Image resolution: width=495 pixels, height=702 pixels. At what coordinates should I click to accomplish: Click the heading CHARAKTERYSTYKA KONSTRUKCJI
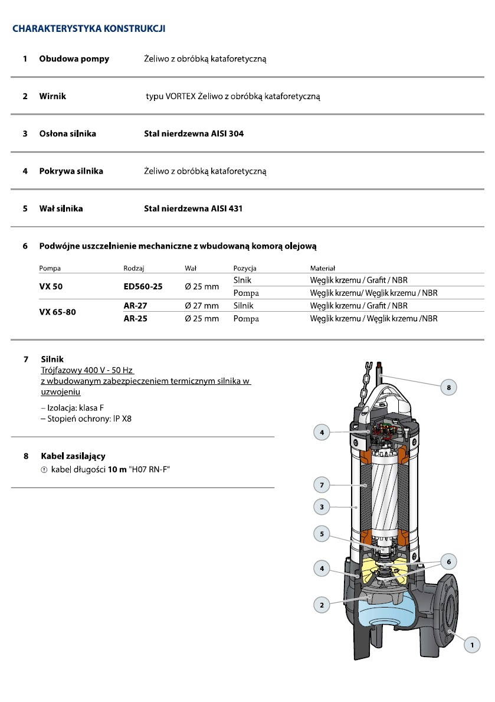(x=88, y=28)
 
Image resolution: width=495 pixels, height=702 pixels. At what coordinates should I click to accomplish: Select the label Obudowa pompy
(x=74, y=59)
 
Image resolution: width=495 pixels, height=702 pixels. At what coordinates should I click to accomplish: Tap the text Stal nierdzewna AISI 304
(x=194, y=134)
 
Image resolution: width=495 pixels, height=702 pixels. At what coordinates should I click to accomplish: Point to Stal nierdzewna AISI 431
(x=193, y=208)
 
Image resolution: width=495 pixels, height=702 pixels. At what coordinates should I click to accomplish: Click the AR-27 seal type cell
(x=135, y=306)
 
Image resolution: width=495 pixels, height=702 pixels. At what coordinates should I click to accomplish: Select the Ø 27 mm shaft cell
(x=201, y=306)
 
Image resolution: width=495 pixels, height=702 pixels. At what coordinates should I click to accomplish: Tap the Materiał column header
(x=322, y=269)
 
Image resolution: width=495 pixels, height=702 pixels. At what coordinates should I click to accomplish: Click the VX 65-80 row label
(x=57, y=312)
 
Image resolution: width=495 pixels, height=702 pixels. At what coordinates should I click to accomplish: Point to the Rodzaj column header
(x=134, y=269)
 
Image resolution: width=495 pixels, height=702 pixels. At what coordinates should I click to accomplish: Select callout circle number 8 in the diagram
(x=448, y=387)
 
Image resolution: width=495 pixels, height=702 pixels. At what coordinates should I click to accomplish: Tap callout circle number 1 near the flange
(x=471, y=645)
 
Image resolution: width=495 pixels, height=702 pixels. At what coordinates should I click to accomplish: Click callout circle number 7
(x=322, y=485)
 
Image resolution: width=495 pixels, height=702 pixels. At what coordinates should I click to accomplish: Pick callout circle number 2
(x=322, y=605)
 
